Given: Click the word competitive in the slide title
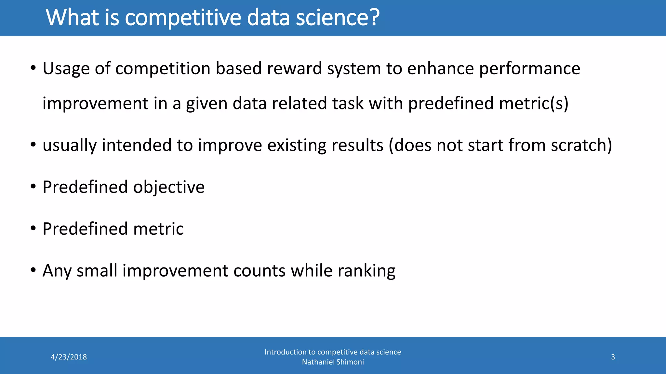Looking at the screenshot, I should point(183,18).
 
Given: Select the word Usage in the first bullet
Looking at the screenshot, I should point(66,69).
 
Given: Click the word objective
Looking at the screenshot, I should point(169,187).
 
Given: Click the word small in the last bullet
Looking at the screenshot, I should point(97,270).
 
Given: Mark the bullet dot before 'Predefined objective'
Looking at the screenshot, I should point(33,187).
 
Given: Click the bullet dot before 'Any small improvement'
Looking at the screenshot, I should point(33,270).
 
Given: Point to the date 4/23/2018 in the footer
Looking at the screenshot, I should point(69,357).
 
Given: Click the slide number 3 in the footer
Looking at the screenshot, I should point(613,357).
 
